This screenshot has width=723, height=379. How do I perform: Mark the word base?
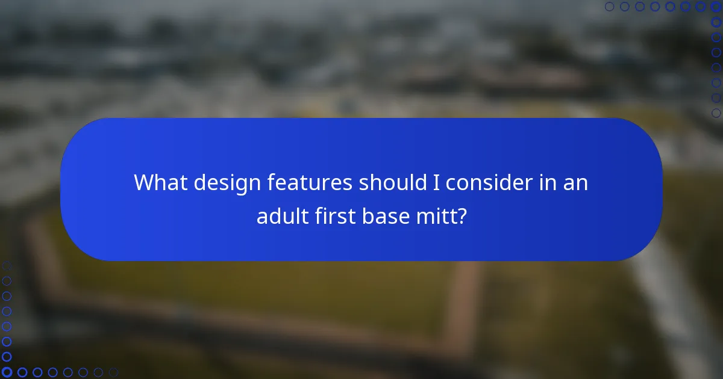[386, 215]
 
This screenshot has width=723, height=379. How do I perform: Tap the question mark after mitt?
[462, 215]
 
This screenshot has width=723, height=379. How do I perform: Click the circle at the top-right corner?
[716, 7]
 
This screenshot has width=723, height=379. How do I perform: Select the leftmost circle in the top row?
[610, 7]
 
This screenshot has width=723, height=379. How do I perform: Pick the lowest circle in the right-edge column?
[716, 112]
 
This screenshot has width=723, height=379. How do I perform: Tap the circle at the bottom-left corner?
[7, 372]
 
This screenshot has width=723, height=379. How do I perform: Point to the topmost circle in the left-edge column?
[7, 266]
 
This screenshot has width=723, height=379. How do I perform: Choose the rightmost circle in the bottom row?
[113, 372]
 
